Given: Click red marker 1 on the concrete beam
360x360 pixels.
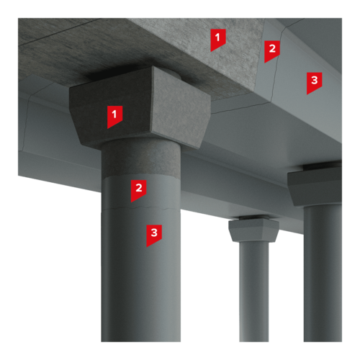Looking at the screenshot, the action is (x=218, y=40).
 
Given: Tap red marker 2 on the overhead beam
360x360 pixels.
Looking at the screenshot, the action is (x=272, y=51).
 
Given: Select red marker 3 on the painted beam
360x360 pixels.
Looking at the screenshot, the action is (x=314, y=83).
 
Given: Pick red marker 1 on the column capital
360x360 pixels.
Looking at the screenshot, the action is (x=114, y=117).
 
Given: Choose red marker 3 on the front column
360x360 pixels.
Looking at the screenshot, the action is (x=154, y=235).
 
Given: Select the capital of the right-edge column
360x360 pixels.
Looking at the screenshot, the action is (x=315, y=187).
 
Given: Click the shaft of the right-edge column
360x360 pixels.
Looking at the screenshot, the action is (x=323, y=274).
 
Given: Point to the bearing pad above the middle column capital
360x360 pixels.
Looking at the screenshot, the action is (x=253, y=218).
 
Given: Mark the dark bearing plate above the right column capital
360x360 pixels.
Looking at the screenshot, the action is (x=323, y=166).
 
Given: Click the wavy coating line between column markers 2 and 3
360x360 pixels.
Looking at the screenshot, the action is (x=141, y=207).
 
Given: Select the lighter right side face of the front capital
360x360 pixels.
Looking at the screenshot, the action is (x=181, y=108).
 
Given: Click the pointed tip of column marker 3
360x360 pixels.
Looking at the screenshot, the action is (x=147, y=247).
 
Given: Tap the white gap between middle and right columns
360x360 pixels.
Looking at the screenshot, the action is (x=287, y=288).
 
